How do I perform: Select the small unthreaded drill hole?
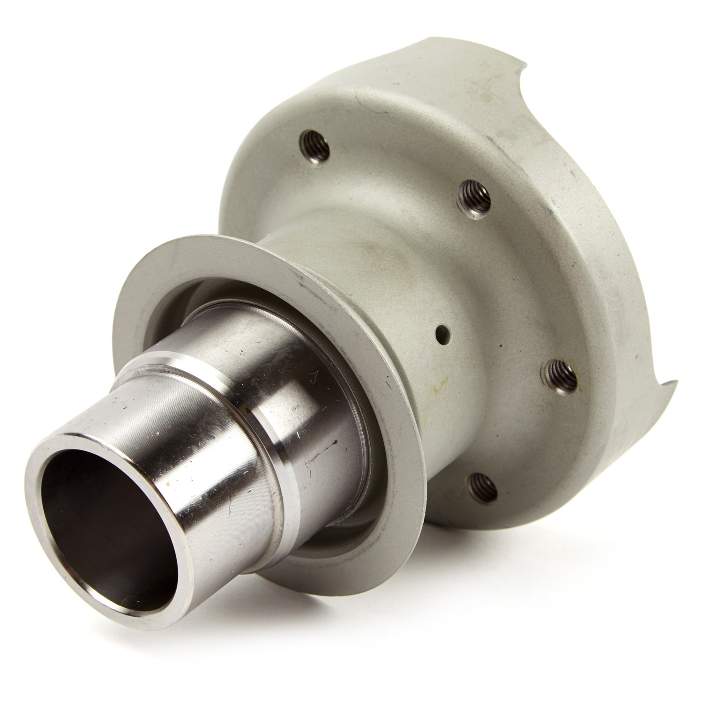(x=441, y=334)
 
